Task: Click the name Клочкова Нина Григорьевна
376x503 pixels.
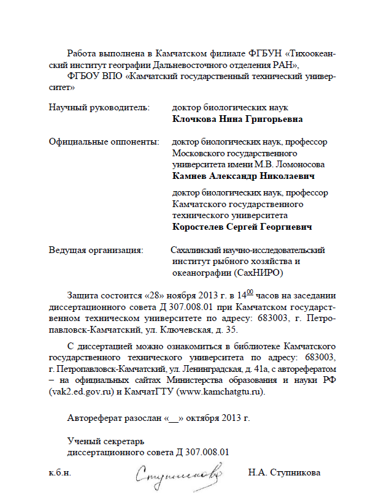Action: (x=237, y=119)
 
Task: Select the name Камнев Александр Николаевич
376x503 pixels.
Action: (x=244, y=176)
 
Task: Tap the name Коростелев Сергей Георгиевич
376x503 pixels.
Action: (x=242, y=227)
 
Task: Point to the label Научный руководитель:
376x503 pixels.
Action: (x=99, y=108)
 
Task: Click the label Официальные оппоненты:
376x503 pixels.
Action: (x=103, y=142)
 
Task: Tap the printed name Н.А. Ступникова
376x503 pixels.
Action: (x=284, y=473)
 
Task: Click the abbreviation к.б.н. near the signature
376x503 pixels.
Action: (x=59, y=473)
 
